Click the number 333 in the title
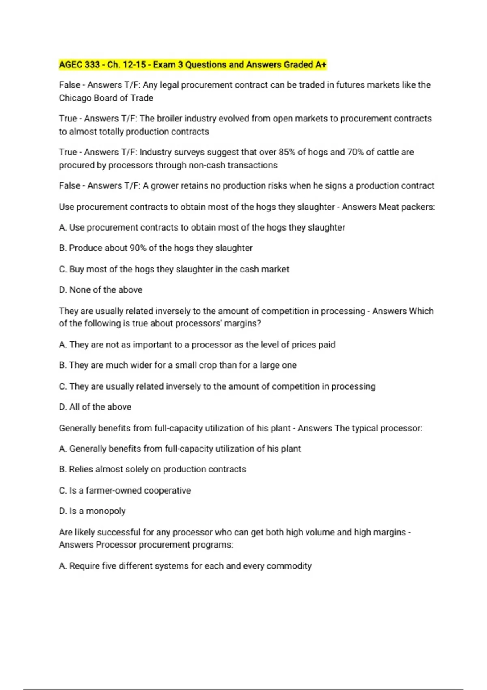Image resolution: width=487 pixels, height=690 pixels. tap(92, 65)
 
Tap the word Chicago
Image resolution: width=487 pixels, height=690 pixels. tap(74, 98)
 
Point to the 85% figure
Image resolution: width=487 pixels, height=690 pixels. tap(287, 152)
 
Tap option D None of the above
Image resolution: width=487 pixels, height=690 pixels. tap(101, 290)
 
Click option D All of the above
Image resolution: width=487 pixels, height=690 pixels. tap(95, 407)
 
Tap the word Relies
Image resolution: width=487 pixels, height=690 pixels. tap(81, 469)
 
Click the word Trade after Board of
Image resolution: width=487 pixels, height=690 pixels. tap(142, 98)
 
